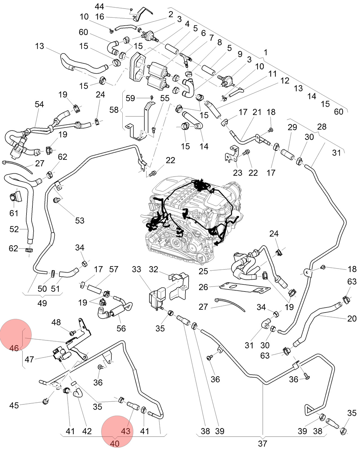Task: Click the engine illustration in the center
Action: (x=193, y=220)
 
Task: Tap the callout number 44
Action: (x=99, y=6)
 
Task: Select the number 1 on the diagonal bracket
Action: (x=266, y=52)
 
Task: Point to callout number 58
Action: (x=114, y=110)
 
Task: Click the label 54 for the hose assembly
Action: (x=39, y=104)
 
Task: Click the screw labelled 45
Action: (x=45, y=402)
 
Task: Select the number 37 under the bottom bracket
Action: (x=262, y=443)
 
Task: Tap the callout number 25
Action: (x=203, y=271)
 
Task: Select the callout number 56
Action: (x=121, y=328)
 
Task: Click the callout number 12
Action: (x=285, y=81)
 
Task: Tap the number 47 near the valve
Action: (x=29, y=359)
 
